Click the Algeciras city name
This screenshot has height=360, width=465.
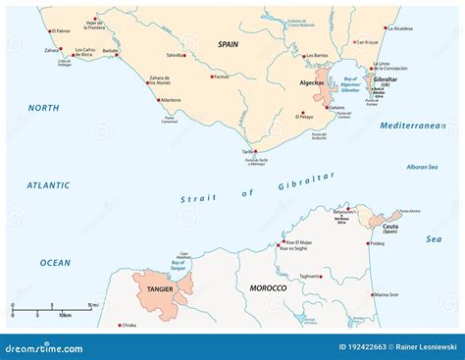297,85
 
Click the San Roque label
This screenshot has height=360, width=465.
367,42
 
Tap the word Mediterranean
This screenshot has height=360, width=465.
413,126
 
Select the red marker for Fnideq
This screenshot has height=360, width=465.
369,241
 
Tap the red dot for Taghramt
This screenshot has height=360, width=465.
297,277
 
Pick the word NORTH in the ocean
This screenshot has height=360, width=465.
44,108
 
